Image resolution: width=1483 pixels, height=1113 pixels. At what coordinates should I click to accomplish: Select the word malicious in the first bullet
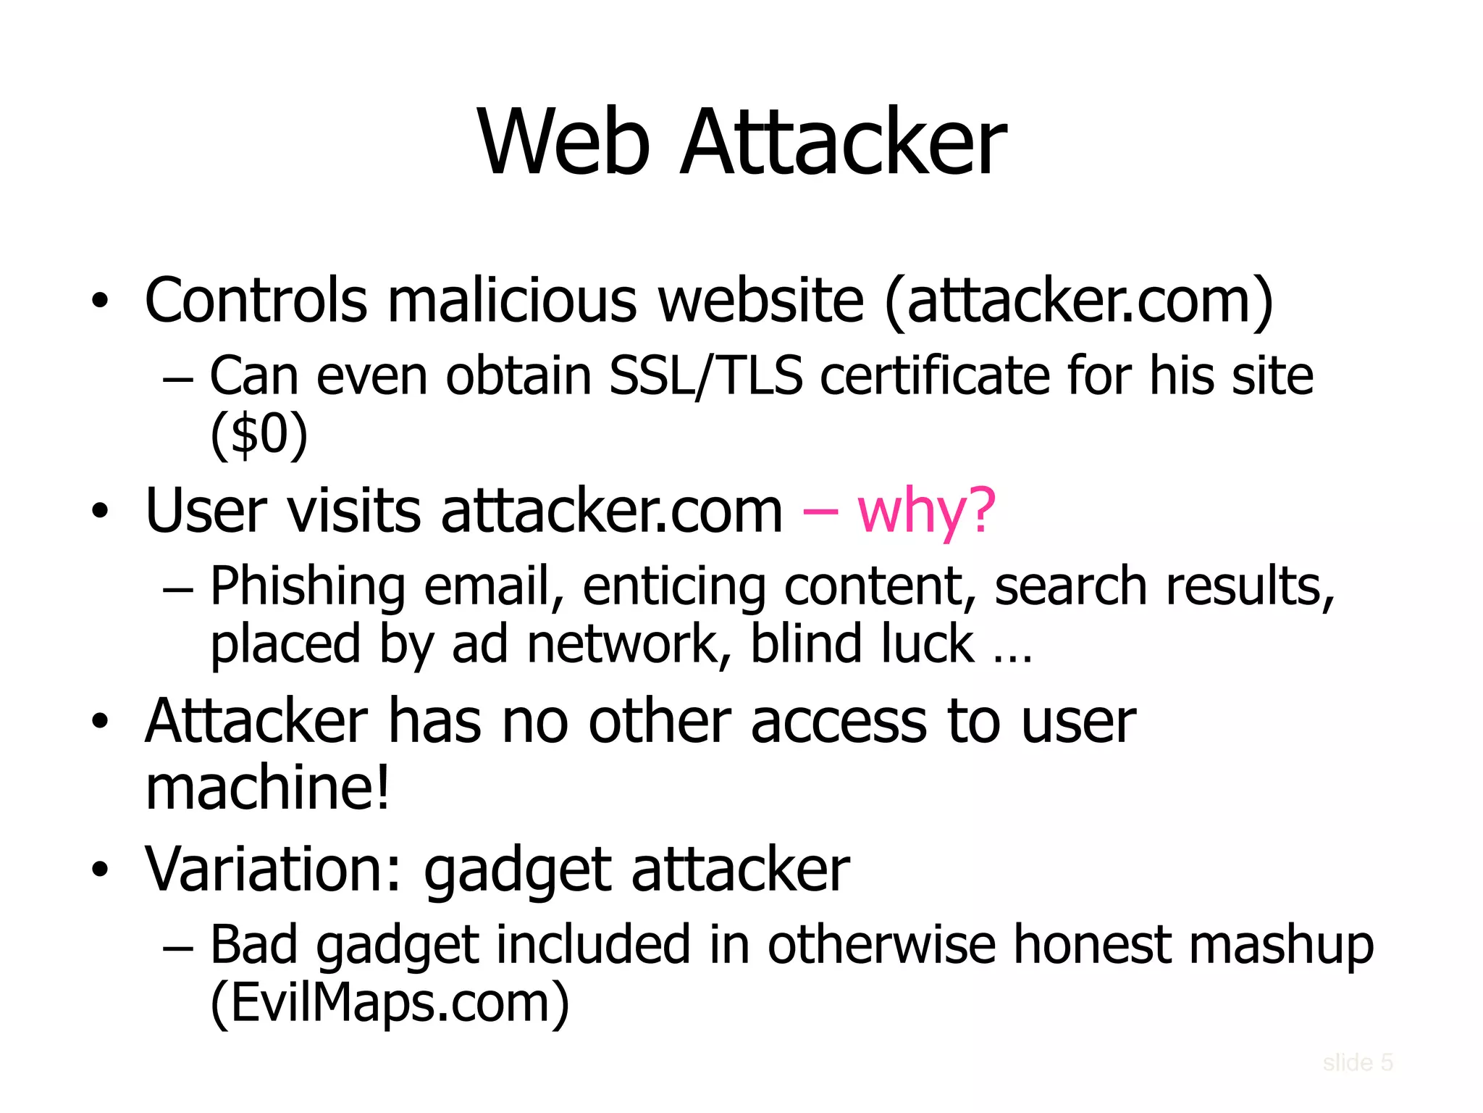(x=512, y=300)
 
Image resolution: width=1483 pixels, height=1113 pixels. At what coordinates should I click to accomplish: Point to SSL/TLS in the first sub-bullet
(x=706, y=376)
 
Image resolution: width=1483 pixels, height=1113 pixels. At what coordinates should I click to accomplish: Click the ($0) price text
(x=259, y=435)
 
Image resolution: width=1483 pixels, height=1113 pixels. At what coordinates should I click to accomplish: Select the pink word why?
(x=926, y=510)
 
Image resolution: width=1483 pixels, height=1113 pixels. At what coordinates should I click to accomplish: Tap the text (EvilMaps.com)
(x=390, y=1002)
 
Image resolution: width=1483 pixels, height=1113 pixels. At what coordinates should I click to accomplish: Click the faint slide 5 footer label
(x=1358, y=1062)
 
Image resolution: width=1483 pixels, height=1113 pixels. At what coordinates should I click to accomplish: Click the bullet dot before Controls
(x=100, y=301)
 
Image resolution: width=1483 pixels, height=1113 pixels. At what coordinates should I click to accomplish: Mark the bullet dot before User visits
(x=100, y=512)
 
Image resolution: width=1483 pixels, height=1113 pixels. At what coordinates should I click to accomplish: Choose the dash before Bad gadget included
(x=179, y=947)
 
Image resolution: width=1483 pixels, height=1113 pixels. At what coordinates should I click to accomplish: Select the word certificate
(x=935, y=376)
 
